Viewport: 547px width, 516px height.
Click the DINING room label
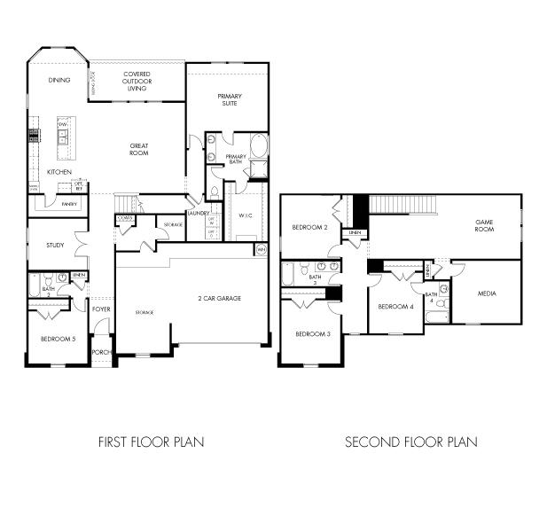tap(60, 81)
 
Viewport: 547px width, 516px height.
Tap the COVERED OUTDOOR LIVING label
tap(137, 82)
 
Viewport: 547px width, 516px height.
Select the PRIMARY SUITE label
tap(230, 99)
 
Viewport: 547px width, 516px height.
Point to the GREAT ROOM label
tap(138, 149)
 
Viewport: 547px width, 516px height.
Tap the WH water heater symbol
tap(261, 250)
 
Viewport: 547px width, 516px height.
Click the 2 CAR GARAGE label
tap(219, 298)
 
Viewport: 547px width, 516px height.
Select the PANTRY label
tap(69, 203)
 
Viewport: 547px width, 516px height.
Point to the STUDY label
tap(56, 246)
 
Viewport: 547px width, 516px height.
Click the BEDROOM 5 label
tap(58, 339)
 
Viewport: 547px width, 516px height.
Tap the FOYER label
tap(103, 309)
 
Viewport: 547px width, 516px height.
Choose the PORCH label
tap(101, 351)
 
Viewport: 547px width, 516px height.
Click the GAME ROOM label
tap(483, 225)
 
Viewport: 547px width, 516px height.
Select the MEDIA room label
tap(487, 293)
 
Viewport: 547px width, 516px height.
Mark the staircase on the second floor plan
tap(403, 205)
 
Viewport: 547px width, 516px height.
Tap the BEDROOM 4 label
tap(395, 307)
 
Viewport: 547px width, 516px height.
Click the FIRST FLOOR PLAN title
tap(151, 441)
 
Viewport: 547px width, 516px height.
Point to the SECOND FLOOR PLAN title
tap(410, 441)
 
